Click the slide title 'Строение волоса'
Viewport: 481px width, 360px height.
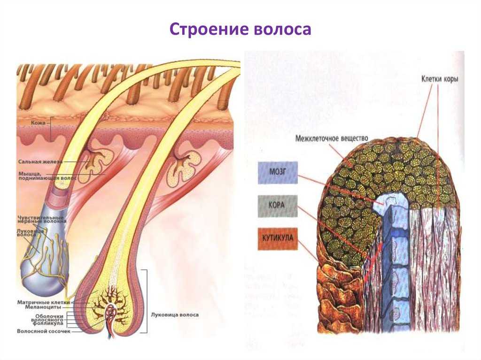(240, 29)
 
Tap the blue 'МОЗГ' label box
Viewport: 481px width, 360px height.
(277, 173)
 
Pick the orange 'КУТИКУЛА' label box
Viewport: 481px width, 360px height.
(277, 238)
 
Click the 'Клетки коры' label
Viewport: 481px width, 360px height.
(439, 79)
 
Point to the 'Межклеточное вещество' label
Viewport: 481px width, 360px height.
(332, 139)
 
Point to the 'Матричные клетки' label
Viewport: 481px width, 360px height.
(43, 302)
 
